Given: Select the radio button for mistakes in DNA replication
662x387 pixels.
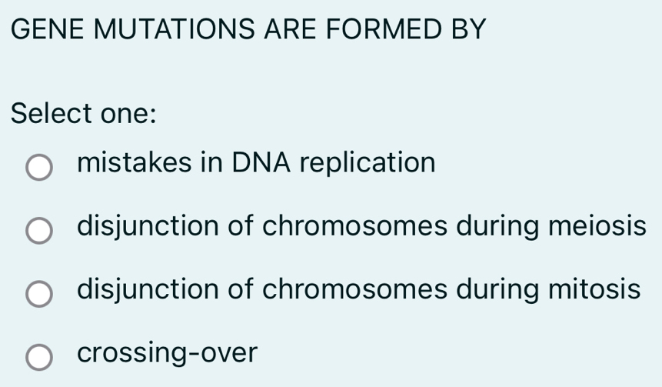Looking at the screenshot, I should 39,167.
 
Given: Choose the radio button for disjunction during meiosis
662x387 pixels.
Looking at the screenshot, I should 39,230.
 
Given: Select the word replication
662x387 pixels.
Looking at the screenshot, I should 368,165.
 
